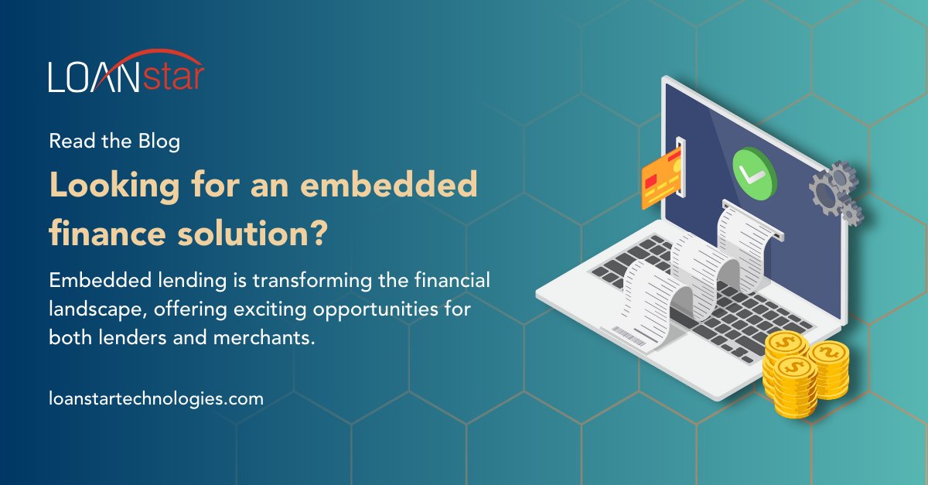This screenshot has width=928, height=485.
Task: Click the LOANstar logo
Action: pyautogui.click(x=126, y=77)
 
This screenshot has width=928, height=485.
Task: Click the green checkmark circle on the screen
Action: pyautogui.click(x=754, y=171)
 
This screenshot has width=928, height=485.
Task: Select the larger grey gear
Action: pyautogui.click(x=829, y=186)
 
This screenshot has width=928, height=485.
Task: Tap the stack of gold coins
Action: pyautogui.click(x=804, y=371)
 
